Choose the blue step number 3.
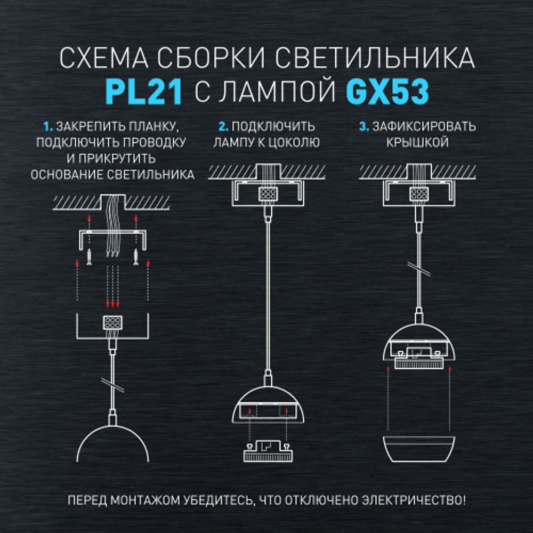click(x=364, y=127)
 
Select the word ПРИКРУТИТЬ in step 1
click(x=120, y=158)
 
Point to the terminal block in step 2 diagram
click(x=266, y=193)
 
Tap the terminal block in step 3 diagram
click(x=417, y=193)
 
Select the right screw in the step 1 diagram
click(x=136, y=257)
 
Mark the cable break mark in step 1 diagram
click(x=112, y=385)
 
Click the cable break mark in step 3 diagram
click(x=417, y=268)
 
